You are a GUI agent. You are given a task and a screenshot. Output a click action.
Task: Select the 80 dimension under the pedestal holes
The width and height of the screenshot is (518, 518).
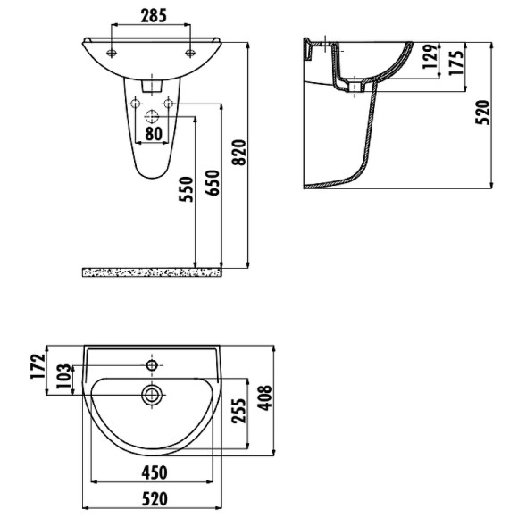click(152, 134)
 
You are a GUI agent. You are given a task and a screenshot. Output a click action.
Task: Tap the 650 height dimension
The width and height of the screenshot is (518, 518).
click(211, 183)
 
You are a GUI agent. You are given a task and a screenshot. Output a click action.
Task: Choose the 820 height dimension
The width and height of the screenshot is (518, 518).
click(238, 154)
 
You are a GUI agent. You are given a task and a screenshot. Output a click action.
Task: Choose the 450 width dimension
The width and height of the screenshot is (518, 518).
click(154, 473)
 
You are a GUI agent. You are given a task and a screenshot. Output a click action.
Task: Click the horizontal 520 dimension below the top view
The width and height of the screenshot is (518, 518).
click(154, 499)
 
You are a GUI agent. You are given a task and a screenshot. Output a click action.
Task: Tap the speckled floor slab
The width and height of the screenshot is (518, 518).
click(151, 271)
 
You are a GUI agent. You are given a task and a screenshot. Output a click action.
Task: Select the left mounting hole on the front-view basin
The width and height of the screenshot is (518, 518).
click(111, 54)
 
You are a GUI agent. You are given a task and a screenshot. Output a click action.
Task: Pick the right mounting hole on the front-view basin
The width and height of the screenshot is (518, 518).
click(190, 54)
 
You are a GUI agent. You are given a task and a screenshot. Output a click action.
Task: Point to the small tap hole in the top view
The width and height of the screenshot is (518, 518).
click(153, 364)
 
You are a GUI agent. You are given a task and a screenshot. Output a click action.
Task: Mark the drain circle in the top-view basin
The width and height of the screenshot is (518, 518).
click(153, 393)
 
